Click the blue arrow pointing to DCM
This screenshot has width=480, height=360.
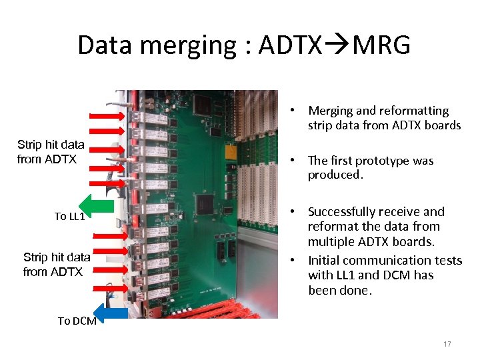(x=111, y=312)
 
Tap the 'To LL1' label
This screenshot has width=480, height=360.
(x=69, y=216)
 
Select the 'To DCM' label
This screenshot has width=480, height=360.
(x=77, y=321)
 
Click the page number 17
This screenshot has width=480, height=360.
(x=447, y=344)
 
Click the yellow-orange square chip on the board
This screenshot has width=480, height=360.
(x=231, y=152)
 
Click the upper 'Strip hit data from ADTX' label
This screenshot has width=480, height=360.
(x=51, y=152)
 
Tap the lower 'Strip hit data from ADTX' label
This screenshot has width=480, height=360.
(x=56, y=265)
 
